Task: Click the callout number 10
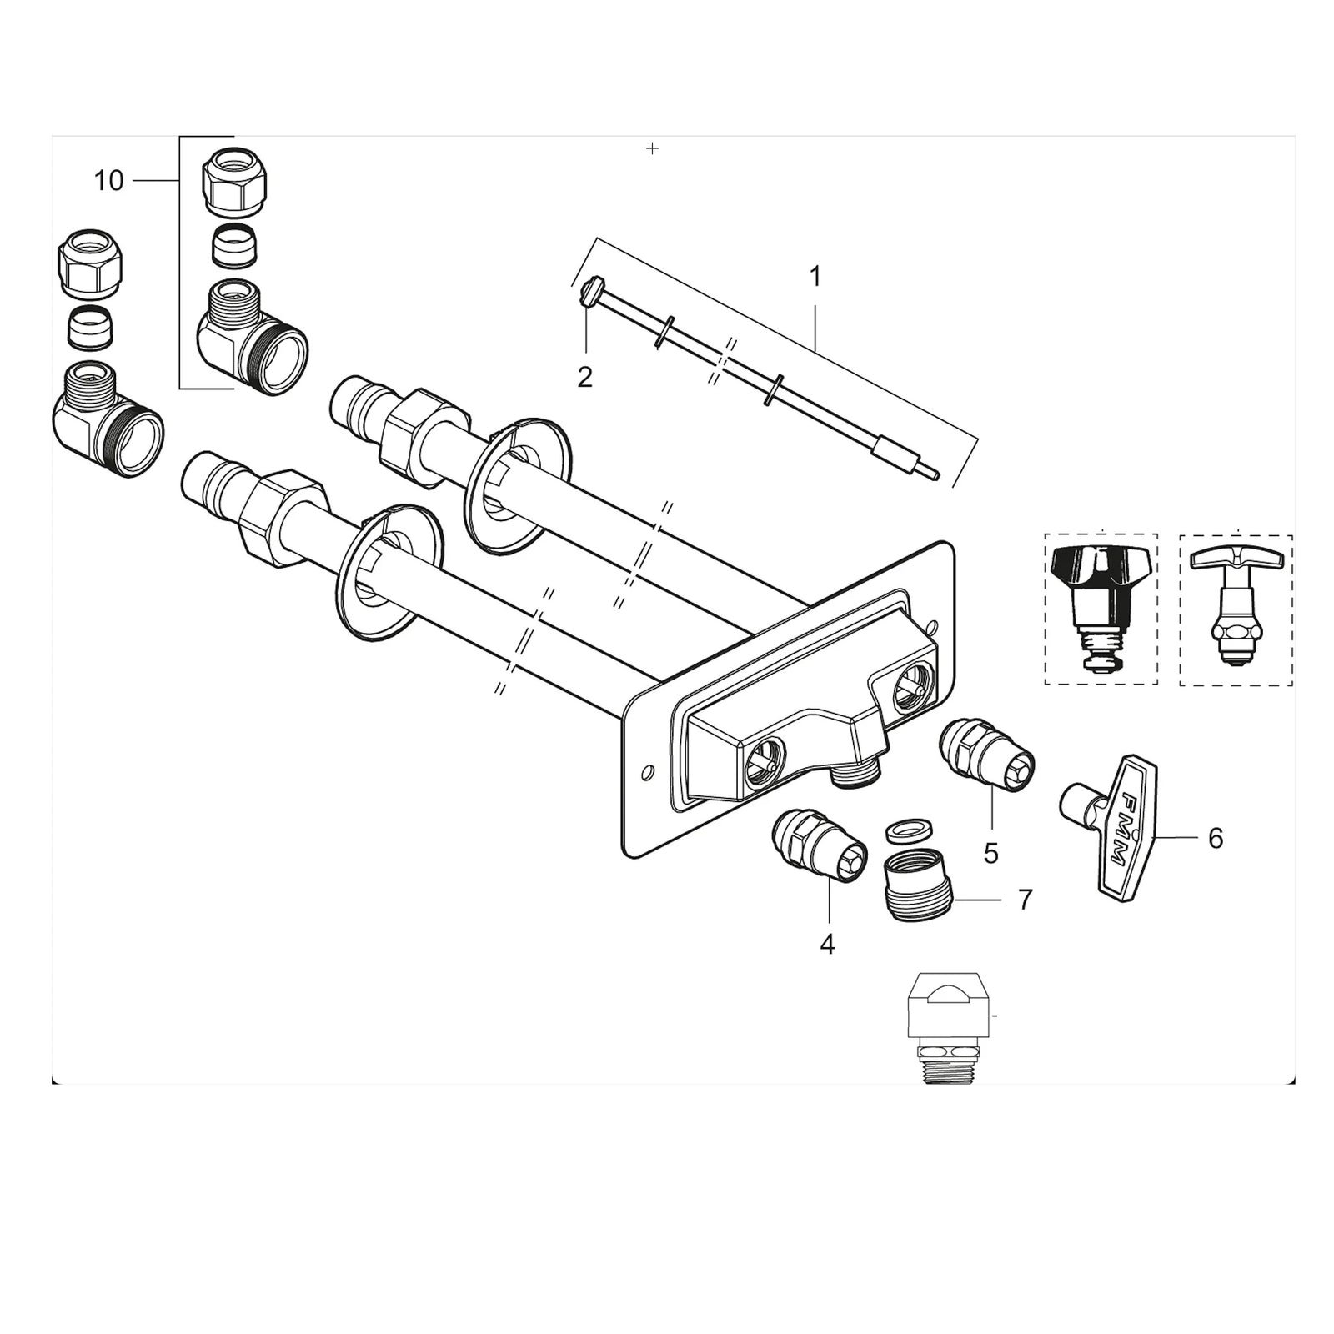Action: tap(108, 180)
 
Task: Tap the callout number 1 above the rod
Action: tap(815, 276)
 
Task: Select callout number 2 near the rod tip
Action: tap(584, 377)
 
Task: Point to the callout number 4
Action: tap(826, 944)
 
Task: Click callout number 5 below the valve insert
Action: tap(990, 853)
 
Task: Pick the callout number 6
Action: tap(1215, 838)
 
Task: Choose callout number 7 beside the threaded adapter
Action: tap(1025, 900)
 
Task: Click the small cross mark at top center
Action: tap(653, 148)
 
